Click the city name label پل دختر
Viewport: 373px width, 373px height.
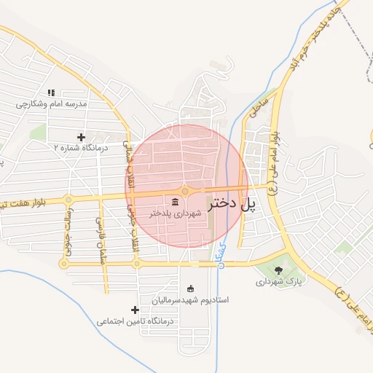[232, 205]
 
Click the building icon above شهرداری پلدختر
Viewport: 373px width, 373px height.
[177, 202]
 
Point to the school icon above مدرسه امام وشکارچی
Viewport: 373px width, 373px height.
[51, 93]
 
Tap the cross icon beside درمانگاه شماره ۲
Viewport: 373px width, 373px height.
[81, 136]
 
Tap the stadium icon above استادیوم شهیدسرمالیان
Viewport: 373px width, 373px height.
[191, 288]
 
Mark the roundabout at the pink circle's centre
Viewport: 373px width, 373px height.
[186, 191]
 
